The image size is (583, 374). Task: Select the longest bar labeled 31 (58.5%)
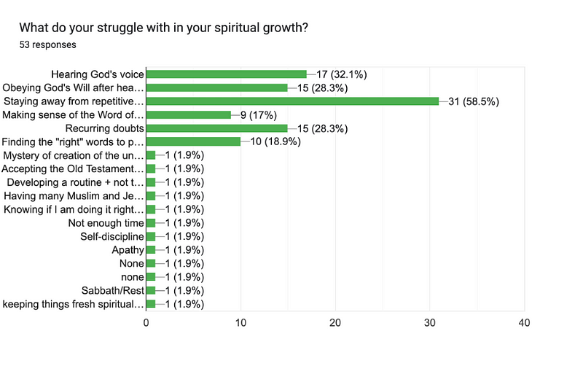[292, 101]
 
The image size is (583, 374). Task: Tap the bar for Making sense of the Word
[189, 114]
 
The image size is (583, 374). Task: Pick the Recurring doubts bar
[216, 128]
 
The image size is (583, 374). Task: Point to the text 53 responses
[48, 45]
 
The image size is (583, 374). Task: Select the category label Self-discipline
[111, 236]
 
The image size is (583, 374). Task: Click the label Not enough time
[106, 223]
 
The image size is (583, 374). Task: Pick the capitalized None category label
[131, 263]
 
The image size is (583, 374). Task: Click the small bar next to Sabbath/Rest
[151, 290]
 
